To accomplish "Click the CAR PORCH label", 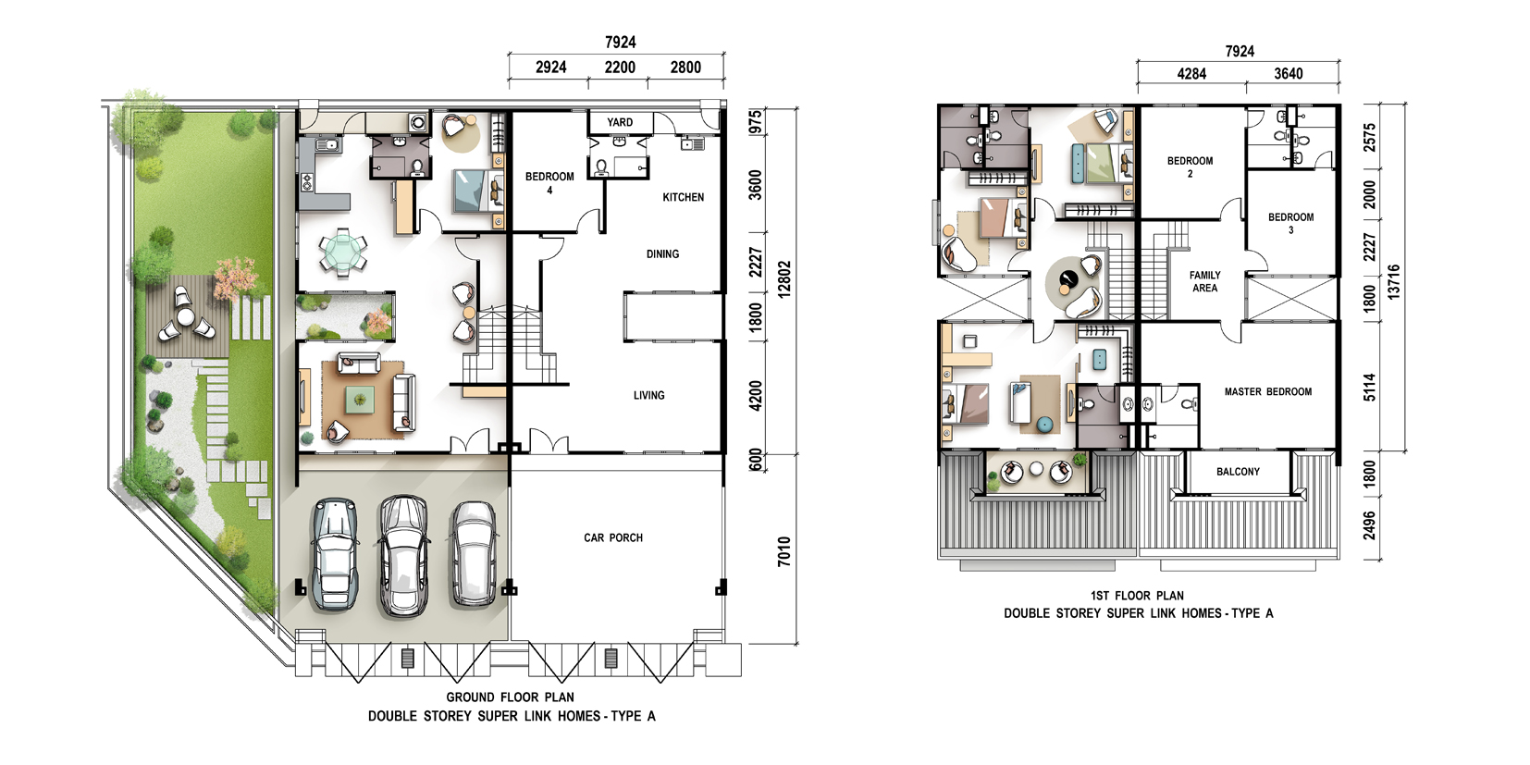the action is (612, 538).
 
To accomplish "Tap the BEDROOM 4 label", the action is (549, 183).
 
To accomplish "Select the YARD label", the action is (620, 122).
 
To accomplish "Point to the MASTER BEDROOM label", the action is (1267, 392).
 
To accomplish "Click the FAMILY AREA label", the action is (1205, 281).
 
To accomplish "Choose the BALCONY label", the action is (1238, 472).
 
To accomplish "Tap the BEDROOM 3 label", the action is (1291, 223).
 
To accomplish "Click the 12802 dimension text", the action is (784, 278).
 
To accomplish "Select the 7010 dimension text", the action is (784, 552).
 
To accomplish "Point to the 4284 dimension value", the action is (1191, 74).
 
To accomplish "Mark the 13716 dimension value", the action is (1394, 282).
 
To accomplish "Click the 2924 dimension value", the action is (551, 68).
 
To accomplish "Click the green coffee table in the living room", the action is (359, 399).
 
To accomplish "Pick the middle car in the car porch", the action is (403, 556).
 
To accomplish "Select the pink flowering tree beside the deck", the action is (236, 278).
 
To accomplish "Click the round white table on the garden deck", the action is (185, 317).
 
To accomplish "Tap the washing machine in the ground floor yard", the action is (418, 123).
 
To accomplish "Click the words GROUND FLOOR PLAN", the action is (511, 697).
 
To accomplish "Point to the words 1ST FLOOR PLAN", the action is (1137, 596).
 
